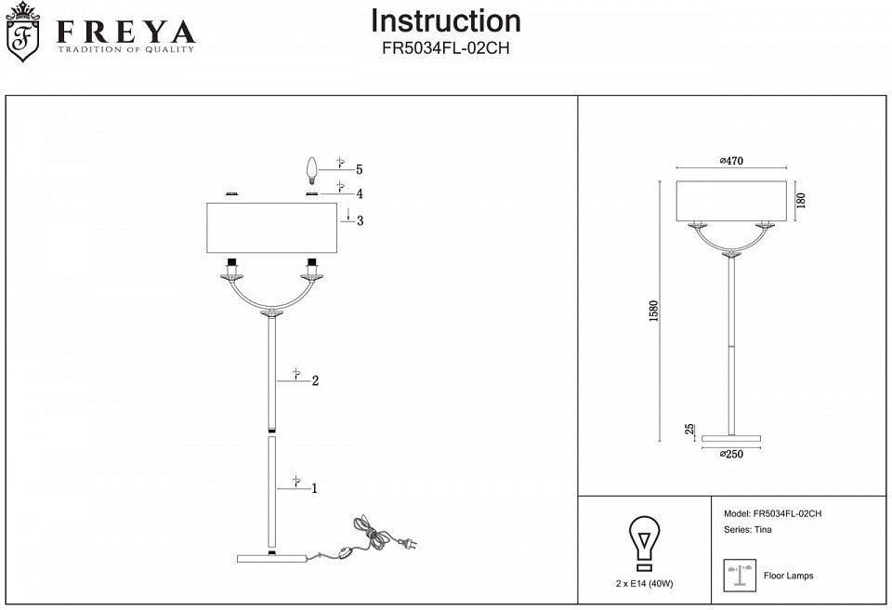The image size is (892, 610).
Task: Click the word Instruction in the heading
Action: tap(446, 20)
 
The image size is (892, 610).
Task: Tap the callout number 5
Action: tap(359, 169)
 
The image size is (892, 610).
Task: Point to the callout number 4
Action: tap(359, 193)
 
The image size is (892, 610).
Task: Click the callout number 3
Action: tap(359, 220)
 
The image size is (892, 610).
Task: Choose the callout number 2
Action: tap(316, 380)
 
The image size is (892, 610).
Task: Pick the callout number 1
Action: tap(316, 487)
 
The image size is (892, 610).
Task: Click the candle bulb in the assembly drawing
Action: tap(313, 170)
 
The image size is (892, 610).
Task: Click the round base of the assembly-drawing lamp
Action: tap(272, 558)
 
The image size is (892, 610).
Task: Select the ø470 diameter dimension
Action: tap(732, 161)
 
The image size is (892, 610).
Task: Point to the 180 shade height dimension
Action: tap(800, 200)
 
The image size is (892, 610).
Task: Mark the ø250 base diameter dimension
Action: tap(732, 454)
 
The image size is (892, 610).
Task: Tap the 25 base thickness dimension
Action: tap(689, 430)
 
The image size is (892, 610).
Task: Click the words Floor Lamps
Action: tap(788, 577)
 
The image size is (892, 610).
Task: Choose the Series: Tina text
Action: tap(747, 529)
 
